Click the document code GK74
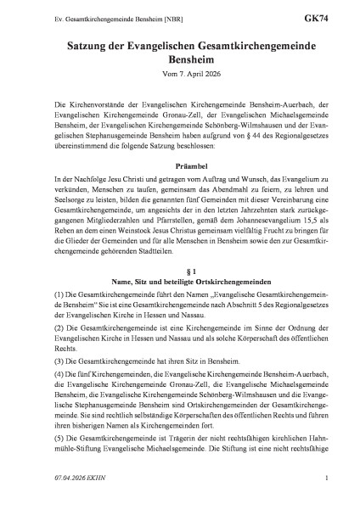pos(318,14)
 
